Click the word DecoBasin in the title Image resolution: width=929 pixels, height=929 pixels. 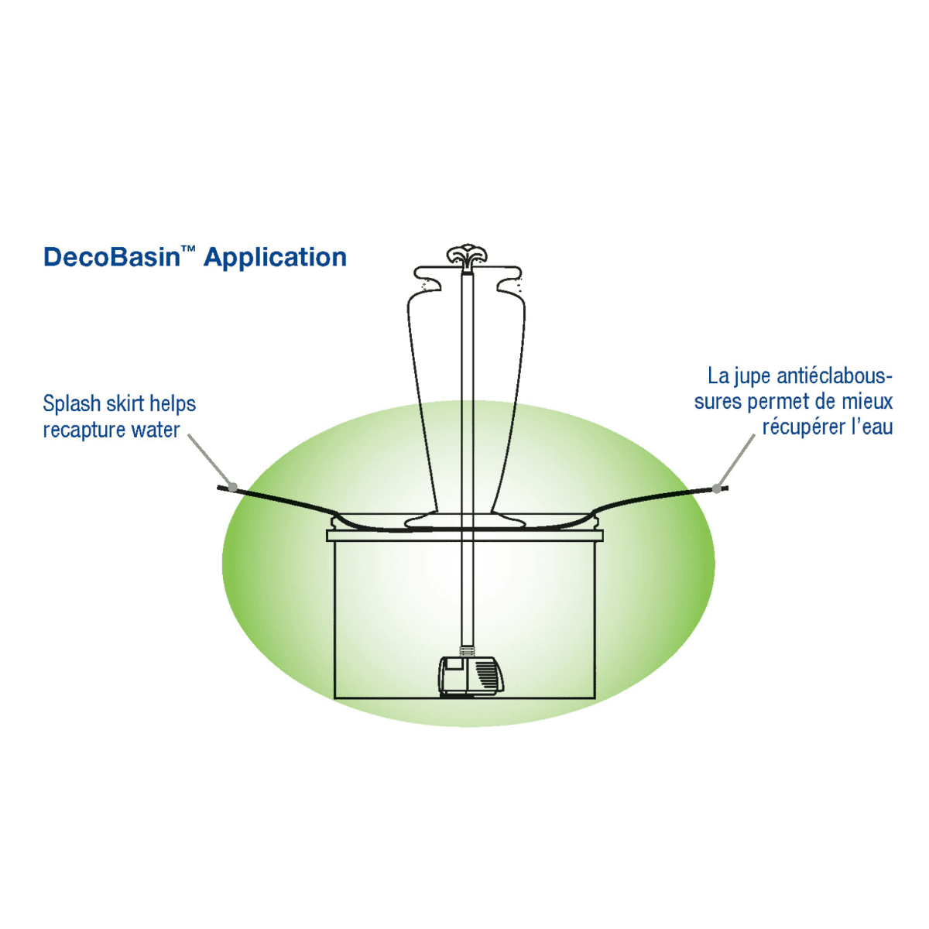[111, 257]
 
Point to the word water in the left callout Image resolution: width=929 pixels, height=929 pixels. [159, 430]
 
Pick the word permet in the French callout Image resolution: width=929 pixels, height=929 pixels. [776, 403]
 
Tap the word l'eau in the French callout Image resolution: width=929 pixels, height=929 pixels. [873, 427]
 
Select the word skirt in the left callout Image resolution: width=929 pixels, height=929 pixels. [123, 405]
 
